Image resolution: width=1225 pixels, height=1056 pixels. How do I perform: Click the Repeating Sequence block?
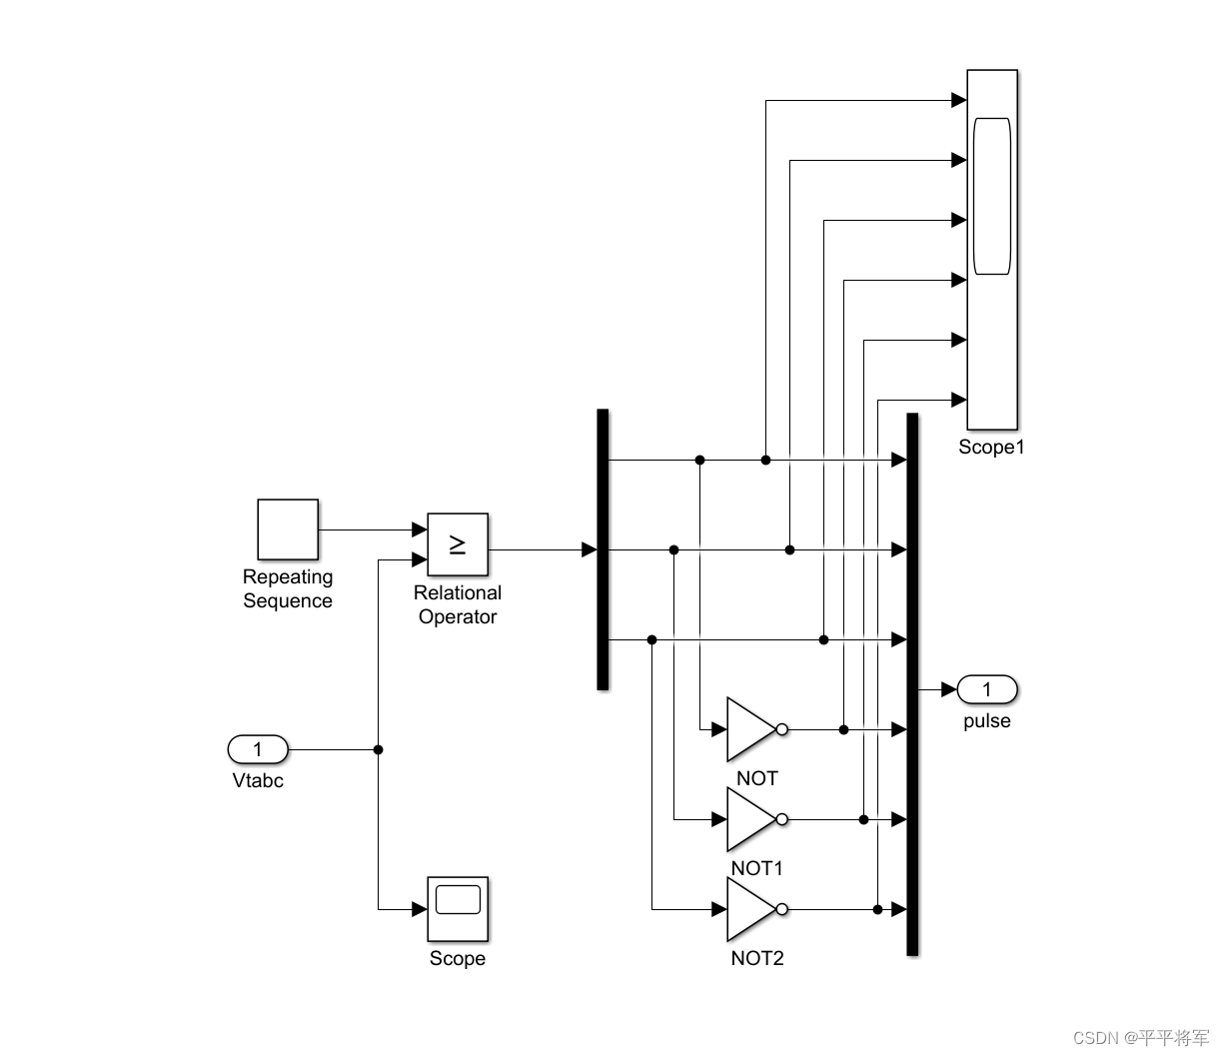click(288, 529)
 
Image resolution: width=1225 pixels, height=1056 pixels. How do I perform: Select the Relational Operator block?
click(458, 544)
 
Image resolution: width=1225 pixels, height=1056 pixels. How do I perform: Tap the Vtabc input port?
click(258, 749)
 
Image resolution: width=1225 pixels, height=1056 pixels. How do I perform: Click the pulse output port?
click(987, 689)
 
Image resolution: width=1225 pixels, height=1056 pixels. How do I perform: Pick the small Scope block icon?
click(458, 908)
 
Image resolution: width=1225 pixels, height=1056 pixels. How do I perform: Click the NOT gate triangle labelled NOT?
click(749, 729)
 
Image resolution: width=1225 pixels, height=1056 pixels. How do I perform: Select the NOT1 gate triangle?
click(749, 819)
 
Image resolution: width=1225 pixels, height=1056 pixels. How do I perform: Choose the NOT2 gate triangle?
click(749, 909)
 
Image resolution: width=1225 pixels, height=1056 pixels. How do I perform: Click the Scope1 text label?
click(991, 448)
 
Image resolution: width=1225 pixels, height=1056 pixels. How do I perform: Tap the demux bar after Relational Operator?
click(603, 549)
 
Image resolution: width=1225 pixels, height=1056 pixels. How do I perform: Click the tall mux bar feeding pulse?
click(912, 684)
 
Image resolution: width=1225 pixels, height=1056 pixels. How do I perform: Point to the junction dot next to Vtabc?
click(378, 749)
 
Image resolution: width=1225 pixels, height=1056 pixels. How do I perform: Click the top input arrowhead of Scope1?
click(959, 100)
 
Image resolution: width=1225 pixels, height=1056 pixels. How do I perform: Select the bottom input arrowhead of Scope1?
click(959, 400)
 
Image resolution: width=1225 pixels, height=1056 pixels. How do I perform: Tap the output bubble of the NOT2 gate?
click(782, 909)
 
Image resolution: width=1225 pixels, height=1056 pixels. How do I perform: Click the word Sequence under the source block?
click(288, 601)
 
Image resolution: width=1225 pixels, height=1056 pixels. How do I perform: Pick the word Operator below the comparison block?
click(458, 617)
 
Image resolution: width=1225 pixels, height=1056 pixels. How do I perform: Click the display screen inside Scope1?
click(992, 196)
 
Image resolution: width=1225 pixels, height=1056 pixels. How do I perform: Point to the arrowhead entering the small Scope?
click(420, 909)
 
